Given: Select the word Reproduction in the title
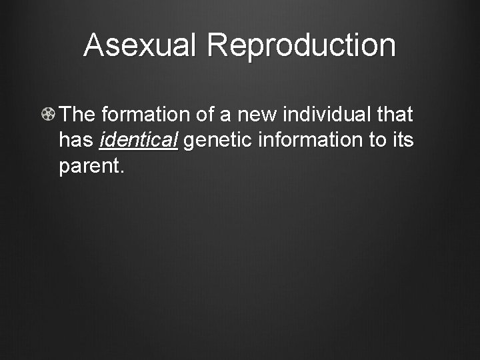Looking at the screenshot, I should click(301, 45).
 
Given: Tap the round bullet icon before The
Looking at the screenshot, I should click(48, 115).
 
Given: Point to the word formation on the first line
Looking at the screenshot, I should click(147, 115).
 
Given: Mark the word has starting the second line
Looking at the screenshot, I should click(76, 141).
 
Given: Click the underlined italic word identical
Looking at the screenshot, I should click(138, 141).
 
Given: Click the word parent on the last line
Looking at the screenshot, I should click(88, 167).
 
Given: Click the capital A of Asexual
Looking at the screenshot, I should click(94, 45).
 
